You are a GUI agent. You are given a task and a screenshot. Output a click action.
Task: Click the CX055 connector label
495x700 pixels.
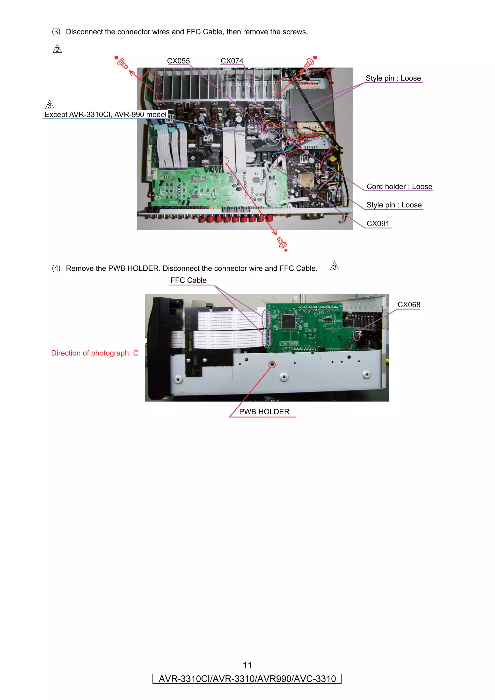178,61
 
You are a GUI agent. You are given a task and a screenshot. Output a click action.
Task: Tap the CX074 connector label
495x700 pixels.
232,61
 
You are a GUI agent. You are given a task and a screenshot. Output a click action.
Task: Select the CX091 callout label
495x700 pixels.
378,224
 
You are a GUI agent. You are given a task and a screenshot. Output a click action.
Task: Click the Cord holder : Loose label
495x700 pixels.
399,187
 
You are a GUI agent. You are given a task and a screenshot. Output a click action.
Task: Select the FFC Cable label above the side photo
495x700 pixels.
188,280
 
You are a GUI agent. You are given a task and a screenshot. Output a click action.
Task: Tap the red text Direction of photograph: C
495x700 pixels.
95,353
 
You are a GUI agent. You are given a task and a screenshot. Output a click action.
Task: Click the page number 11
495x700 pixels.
247,665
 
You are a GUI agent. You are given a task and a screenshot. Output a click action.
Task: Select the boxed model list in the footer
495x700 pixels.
247,679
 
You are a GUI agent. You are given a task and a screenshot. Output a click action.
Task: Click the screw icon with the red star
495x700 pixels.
282,244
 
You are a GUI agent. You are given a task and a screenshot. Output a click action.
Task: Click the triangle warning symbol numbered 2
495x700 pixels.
57,49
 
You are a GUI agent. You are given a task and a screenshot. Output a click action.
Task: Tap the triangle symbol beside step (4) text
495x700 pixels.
335,267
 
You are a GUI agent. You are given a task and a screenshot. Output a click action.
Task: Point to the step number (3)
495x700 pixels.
56,32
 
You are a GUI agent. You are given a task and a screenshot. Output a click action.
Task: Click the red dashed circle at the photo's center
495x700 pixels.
225,160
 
